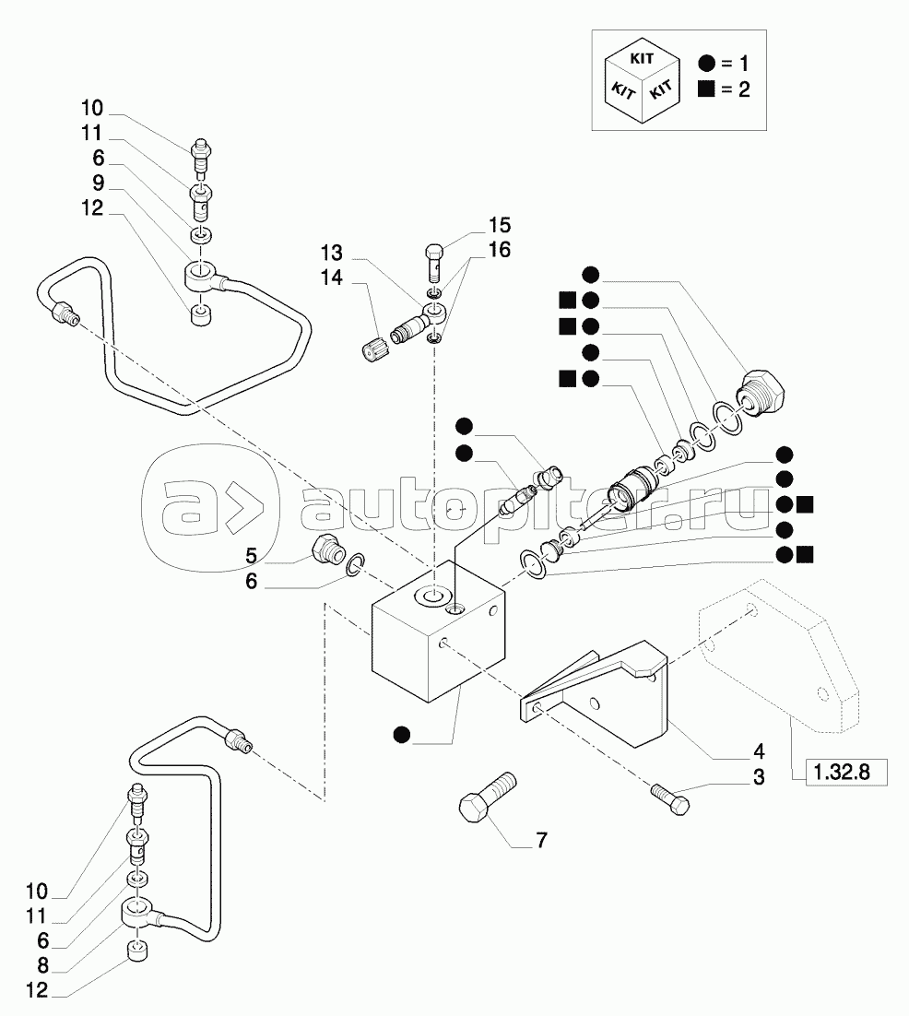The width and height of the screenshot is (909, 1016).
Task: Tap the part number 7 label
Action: click(541, 840)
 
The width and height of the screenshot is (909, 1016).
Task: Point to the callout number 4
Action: click(758, 750)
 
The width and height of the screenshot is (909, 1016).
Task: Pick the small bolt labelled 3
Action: click(668, 798)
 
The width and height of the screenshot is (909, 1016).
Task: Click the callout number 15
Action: click(500, 225)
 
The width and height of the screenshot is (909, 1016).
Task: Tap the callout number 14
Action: click(332, 278)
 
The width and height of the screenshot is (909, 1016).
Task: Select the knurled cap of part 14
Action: click(372, 349)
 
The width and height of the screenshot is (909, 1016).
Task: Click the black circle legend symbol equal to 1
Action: click(706, 64)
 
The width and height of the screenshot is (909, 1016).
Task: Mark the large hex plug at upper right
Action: click(763, 392)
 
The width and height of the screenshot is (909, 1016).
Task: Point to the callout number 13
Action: click(332, 253)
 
